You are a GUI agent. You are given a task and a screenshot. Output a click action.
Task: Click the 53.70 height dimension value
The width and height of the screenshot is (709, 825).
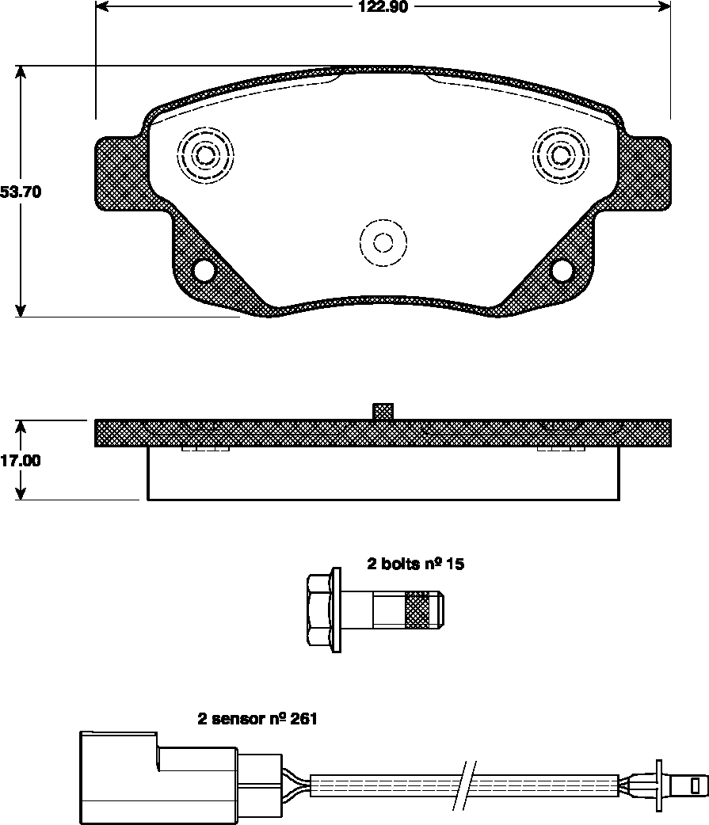tap(21, 192)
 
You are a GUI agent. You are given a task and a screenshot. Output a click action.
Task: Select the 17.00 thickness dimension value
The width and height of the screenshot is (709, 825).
tap(21, 461)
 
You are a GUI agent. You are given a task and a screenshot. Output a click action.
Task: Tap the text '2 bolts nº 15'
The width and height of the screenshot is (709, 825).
tap(414, 565)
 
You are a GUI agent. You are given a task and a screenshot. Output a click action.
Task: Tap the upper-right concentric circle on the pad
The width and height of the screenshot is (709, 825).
tap(560, 154)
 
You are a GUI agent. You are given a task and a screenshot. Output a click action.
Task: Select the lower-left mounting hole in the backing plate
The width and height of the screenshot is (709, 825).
tap(204, 271)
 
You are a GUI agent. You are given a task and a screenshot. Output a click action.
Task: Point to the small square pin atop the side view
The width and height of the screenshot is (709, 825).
tap(383, 411)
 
